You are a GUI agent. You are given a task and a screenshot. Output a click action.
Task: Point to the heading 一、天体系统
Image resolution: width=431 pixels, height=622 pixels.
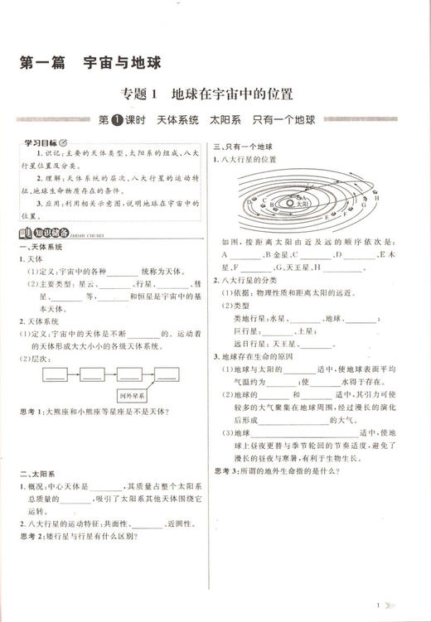click(41, 247)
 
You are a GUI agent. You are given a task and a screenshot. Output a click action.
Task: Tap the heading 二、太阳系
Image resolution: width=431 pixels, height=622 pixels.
click(36, 472)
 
